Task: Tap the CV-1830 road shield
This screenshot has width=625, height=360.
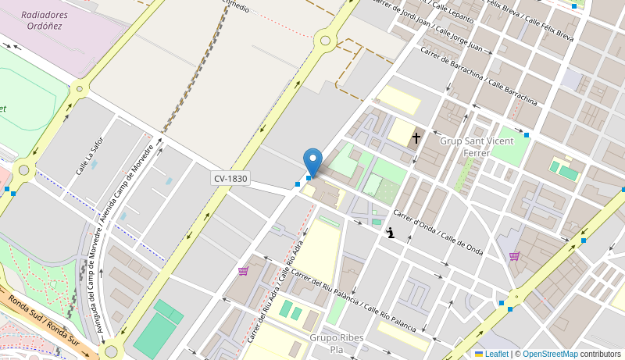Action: pyautogui.click(x=231, y=179)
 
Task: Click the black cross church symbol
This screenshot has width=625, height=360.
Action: pyautogui.click(x=416, y=138)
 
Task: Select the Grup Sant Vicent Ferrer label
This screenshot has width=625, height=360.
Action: pyautogui.click(x=466, y=147)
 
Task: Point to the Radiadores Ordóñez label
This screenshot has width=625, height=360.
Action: pyautogui.click(x=45, y=20)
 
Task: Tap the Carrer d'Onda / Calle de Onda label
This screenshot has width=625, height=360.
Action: pyautogui.click(x=437, y=233)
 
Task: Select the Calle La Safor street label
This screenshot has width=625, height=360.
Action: pyautogui.click(x=90, y=155)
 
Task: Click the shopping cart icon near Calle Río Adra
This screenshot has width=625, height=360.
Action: pyautogui.click(x=243, y=271)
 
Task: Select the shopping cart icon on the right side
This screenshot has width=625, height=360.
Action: pyautogui.click(x=514, y=255)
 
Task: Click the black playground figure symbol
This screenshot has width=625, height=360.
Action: pyautogui.click(x=390, y=233)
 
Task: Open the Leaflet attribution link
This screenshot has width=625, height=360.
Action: pyautogui.click(x=491, y=354)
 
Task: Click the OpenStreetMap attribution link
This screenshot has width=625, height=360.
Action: pyautogui.click(x=550, y=354)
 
